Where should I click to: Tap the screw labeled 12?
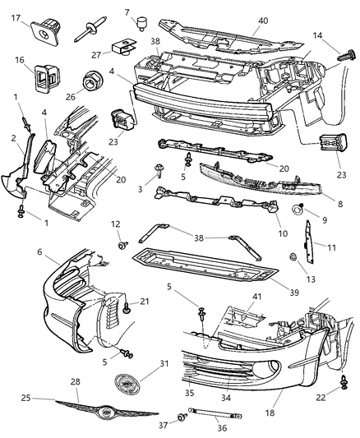[x=121, y=245]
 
